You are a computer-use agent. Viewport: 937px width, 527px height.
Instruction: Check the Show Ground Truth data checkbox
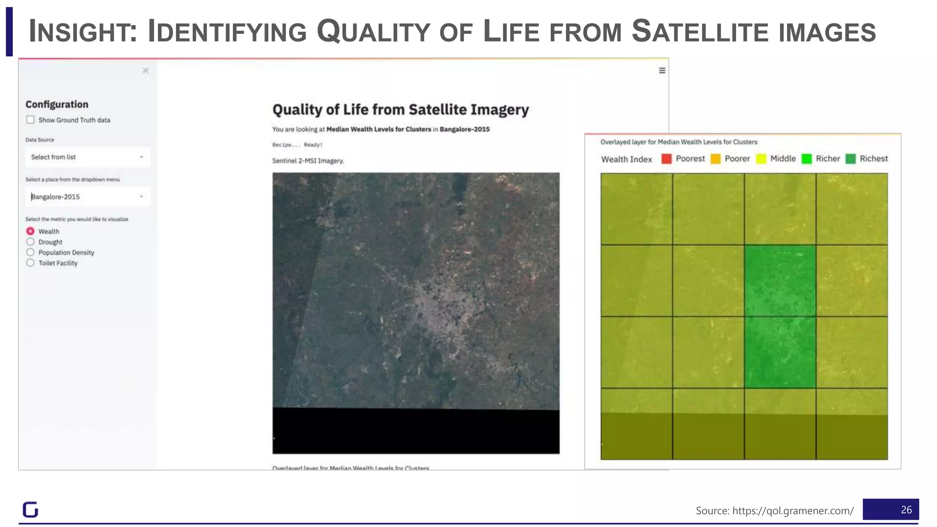30,120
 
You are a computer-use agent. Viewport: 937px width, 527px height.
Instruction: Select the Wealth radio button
30,231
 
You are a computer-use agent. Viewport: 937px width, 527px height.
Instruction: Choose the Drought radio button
30,242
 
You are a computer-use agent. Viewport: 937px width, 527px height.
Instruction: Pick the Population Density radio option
30,252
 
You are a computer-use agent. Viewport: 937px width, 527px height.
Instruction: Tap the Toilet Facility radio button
30,263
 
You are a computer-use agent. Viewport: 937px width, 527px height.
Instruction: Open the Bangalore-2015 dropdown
87,197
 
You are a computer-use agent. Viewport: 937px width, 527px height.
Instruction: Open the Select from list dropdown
87,157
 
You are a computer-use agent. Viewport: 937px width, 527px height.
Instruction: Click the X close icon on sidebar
145,70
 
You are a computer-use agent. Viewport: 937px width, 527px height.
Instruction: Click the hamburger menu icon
662,70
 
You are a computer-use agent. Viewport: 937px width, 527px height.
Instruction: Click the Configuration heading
57,104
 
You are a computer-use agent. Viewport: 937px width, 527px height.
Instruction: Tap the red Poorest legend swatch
666,159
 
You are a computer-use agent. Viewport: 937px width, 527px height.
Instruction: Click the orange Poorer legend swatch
715,159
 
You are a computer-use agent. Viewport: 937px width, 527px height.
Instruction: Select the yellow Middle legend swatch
761,159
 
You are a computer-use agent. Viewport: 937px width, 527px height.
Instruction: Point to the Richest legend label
873,159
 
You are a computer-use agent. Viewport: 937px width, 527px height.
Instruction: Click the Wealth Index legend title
626,159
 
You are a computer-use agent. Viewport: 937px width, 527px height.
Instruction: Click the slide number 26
905,510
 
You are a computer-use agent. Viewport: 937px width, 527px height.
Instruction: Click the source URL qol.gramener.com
792,511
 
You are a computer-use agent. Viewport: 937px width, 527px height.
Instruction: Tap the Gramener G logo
30,509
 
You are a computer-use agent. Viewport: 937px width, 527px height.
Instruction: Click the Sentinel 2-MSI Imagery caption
308,161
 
